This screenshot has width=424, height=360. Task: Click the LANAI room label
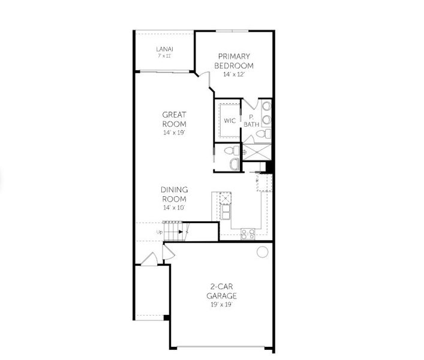click(164, 49)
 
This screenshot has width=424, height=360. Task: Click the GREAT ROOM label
click(175, 119)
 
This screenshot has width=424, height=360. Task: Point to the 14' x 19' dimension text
click(175, 133)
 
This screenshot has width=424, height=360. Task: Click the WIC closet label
click(230, 121)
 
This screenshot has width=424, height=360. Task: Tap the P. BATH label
click(251, 121)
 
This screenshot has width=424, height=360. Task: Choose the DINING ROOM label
click(174, 194)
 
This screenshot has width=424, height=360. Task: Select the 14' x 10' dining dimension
click(174, 208)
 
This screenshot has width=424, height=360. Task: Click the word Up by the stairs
click(159, 232)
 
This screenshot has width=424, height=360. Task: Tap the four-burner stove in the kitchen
click(248, 234)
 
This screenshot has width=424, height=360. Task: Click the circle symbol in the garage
click(262, 252)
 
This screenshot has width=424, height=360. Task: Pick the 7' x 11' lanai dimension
click(164, 56)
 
